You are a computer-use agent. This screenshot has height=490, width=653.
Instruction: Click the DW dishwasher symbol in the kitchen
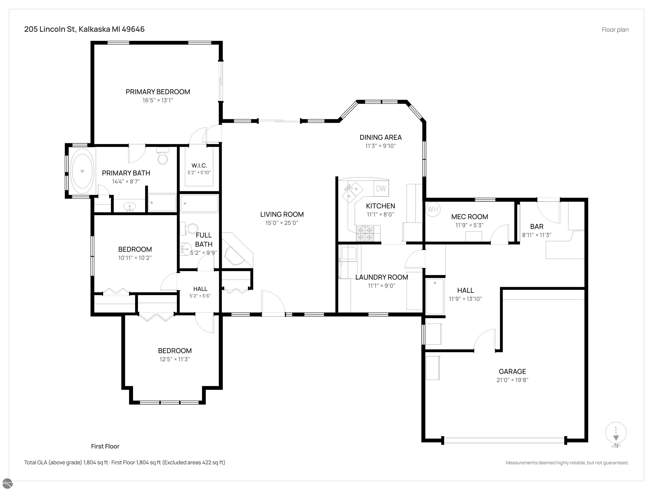pyautogui.click(x=381, y=188)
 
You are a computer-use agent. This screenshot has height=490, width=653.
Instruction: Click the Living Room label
pyautogui.click(x=282, y=214)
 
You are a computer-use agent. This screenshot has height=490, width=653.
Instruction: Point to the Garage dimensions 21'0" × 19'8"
pyautogui.click(x=512, y=380)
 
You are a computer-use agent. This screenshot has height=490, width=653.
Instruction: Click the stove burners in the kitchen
pyautogui.click(x=365, y=233)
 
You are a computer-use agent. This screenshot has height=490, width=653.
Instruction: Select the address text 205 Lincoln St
pyautogui.click(x=50, y=29)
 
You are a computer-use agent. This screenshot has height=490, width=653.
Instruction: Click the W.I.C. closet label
pyautogui.click(x=199, y=166)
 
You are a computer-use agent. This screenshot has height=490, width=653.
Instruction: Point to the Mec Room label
pyautogui.click(x=469, y=217)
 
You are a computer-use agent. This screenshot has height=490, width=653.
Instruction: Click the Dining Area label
pyautogui.click(x=380, y=137)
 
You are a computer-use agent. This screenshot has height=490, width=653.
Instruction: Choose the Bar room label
pyautogui.click(x=537, y=226)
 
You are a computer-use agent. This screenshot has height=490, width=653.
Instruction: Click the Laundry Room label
pyautogui.click(x=382, y=277)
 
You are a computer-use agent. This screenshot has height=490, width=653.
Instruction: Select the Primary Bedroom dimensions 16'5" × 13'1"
pyautogui.click(x=158, y=100)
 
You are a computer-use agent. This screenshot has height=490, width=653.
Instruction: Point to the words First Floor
pyautogui.click(x=105, y=446)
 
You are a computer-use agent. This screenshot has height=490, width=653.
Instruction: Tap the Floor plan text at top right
pyautogui.click(x=615, y=30)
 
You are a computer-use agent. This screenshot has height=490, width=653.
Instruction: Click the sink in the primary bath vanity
pyautogui.click(x=130, y=206)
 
